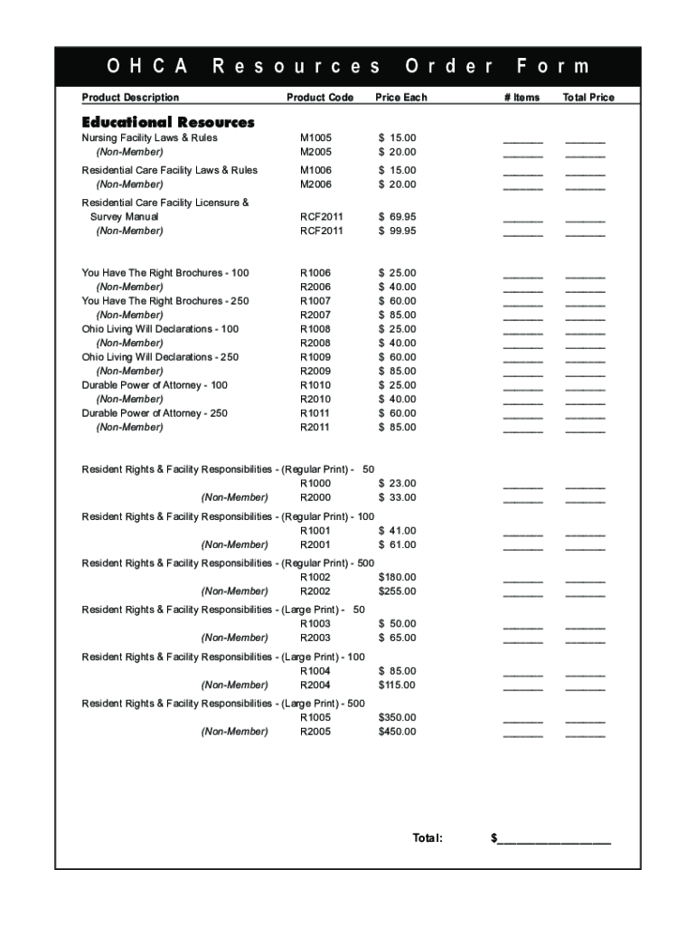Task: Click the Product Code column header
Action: (319, 98)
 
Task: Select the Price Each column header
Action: (401, 98)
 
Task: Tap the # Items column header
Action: (522, 98)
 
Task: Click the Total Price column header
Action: (588, 98)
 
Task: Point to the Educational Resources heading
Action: (168, 122)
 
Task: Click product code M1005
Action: (315, 138)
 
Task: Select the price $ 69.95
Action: (398, 217)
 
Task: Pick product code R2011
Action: (315, 427)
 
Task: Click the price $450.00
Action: (398, 732)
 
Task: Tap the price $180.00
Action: (398, 577)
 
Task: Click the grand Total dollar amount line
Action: (554, 839)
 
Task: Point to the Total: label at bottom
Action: (428, 838)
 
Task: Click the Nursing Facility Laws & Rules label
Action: (149, 138)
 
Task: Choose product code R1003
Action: (315, 624)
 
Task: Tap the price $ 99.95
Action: (398, 231)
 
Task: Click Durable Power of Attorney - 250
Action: (155, 413)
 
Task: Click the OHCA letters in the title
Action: (147, 67)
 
